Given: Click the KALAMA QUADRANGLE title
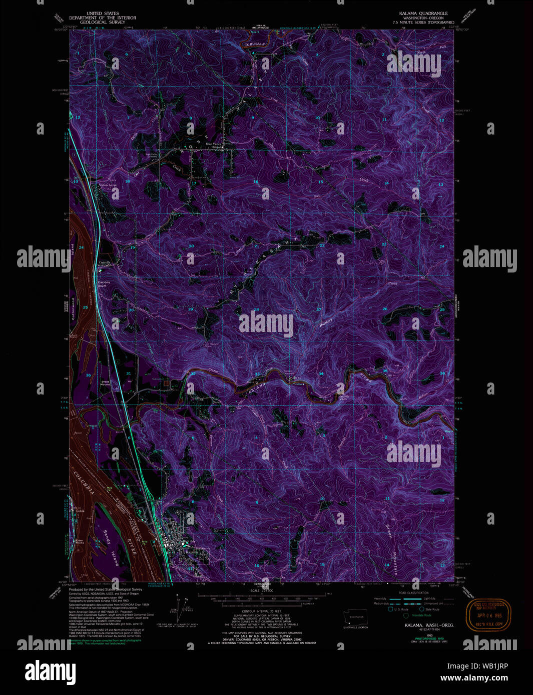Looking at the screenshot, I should (423, 13).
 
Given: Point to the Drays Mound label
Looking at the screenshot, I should (105, 382).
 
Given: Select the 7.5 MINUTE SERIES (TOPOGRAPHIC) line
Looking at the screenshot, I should (423, 22).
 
